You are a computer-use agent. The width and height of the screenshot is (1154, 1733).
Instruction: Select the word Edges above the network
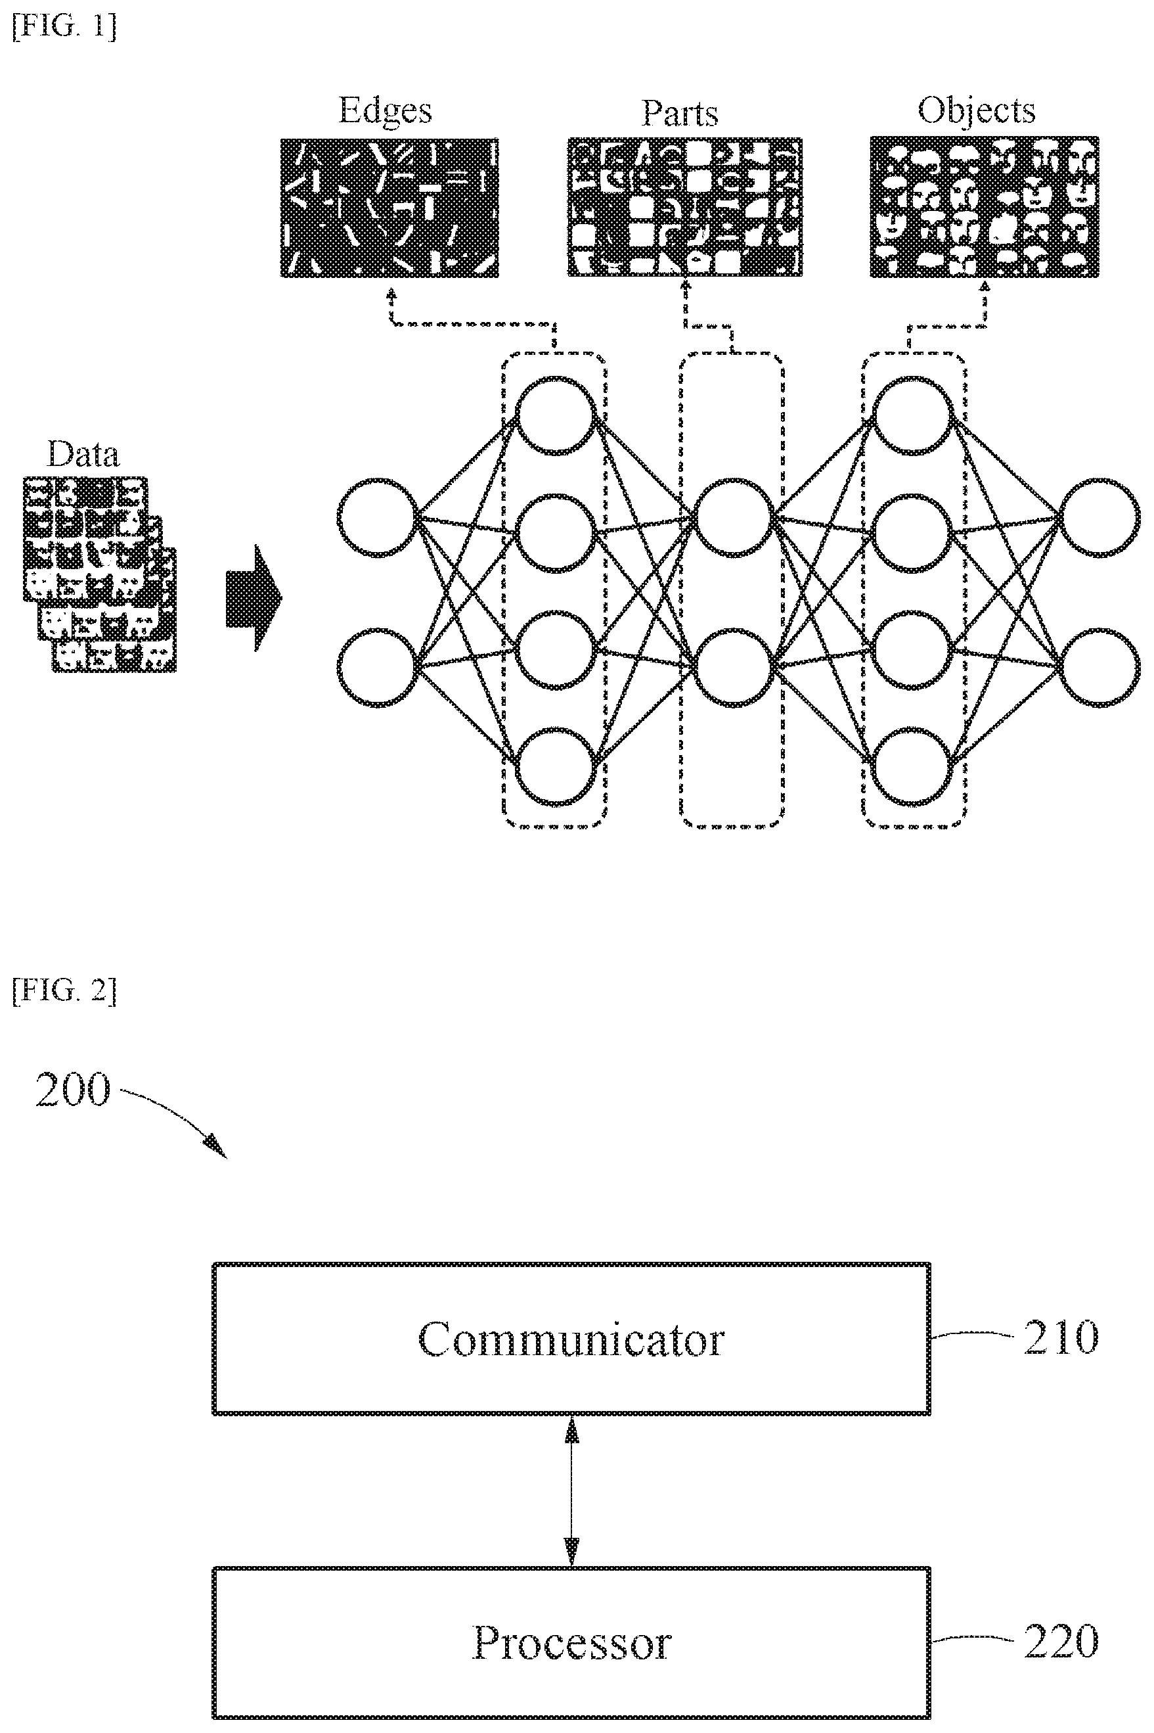385,111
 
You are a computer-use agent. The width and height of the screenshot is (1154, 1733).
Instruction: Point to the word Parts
679,112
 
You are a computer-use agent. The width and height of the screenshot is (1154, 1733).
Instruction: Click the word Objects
976,111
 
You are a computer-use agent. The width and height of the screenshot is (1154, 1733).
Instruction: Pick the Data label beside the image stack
83,453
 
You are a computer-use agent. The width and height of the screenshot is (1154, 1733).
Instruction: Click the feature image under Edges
389,208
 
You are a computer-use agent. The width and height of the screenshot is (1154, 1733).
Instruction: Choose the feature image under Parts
684,207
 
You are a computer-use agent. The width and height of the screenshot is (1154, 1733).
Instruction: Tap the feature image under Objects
984,207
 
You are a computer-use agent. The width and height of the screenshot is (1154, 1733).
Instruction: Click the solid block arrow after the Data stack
253,598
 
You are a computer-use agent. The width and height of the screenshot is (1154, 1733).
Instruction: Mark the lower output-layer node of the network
1099,668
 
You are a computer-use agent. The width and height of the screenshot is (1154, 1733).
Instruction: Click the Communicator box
571,1339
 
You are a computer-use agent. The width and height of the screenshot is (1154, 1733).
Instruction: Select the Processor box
571,1642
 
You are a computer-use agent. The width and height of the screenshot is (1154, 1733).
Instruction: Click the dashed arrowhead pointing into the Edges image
391,293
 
